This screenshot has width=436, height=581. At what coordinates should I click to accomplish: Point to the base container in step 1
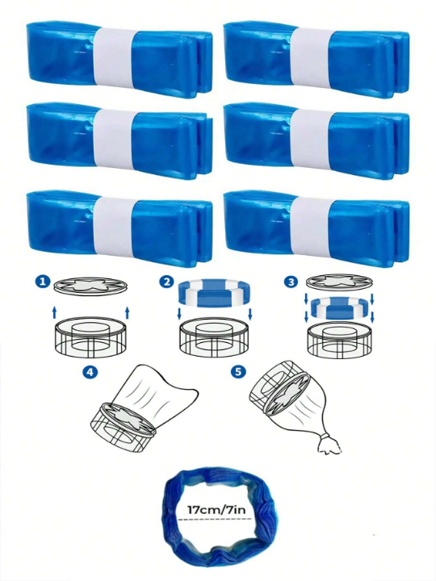[90, 335]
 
